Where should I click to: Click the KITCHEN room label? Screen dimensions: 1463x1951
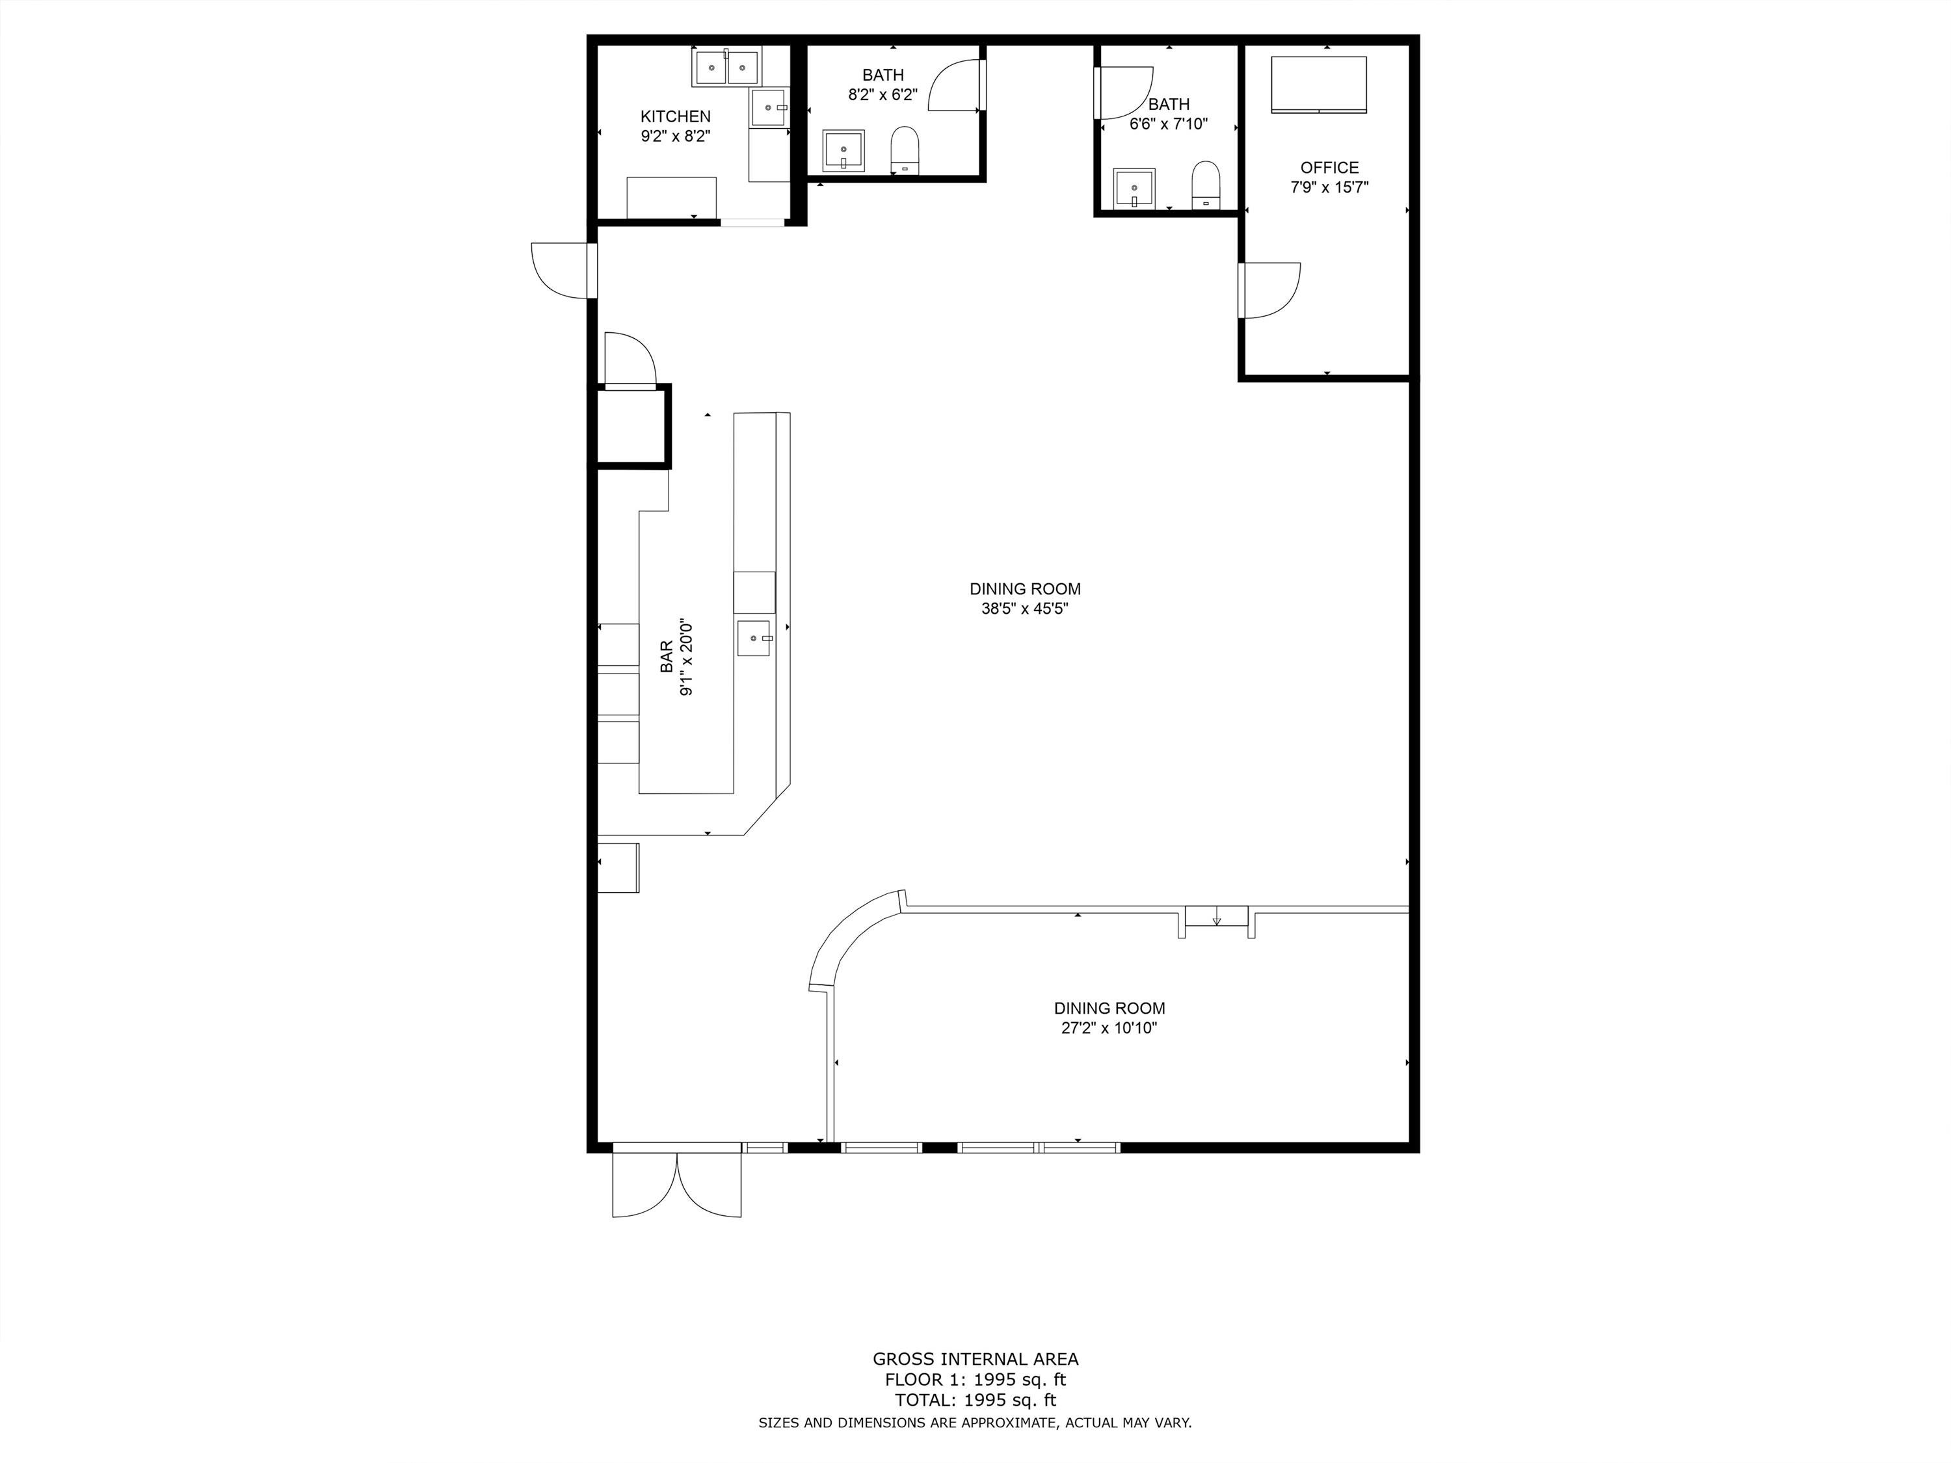pos(675,116)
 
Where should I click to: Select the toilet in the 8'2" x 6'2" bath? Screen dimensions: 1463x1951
pos(905,150)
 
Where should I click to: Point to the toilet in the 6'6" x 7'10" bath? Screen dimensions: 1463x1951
pos(1206,184)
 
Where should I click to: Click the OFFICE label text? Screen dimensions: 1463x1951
pos(1329,168)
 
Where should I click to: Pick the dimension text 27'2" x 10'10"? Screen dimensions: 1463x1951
pos(1109,1027)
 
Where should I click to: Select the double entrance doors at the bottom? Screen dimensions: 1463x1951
pos(676,1183)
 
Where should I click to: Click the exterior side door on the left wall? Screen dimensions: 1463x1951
pos(559,270)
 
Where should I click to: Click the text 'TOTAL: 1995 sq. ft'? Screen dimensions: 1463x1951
pos(975,1399)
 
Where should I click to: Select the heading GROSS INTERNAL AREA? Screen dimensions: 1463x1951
pos(975,1359)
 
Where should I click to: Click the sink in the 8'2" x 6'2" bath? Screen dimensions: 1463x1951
pos(844,151)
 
